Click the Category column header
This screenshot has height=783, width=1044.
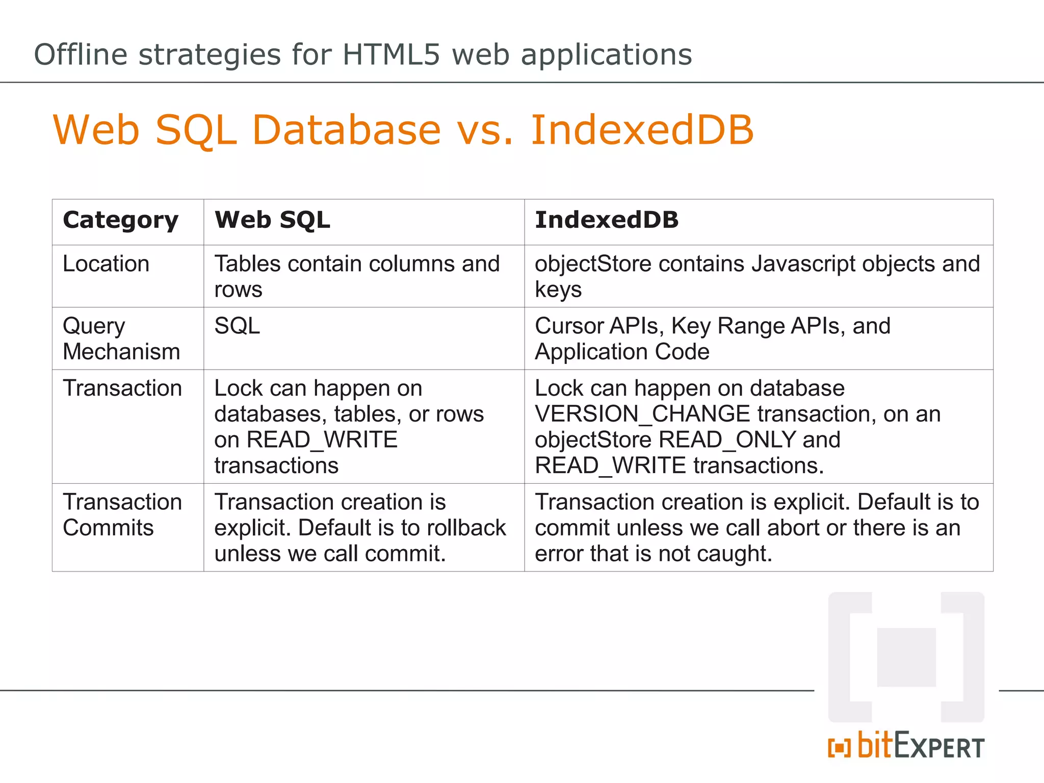click(121, 220)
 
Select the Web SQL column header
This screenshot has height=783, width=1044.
click(272, 220)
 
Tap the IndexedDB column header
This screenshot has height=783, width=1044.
click(607, 220)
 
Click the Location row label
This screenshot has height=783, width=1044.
click(106, 264)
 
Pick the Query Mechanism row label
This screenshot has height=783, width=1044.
click(121, 338)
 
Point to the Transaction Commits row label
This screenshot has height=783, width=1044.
click(122, 515)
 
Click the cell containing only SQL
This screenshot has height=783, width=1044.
click(237, 326)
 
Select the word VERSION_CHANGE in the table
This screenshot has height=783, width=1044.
click(642, 414)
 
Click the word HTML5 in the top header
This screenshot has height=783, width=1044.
click(390, 55)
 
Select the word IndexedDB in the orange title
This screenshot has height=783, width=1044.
click(642, 130)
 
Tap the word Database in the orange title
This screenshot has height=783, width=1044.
click(347, 130)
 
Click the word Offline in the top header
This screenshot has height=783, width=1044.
click(81, 55)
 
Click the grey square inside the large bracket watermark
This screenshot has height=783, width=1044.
click(906, 657)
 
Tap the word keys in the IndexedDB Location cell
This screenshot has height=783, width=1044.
click(558, 290)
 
